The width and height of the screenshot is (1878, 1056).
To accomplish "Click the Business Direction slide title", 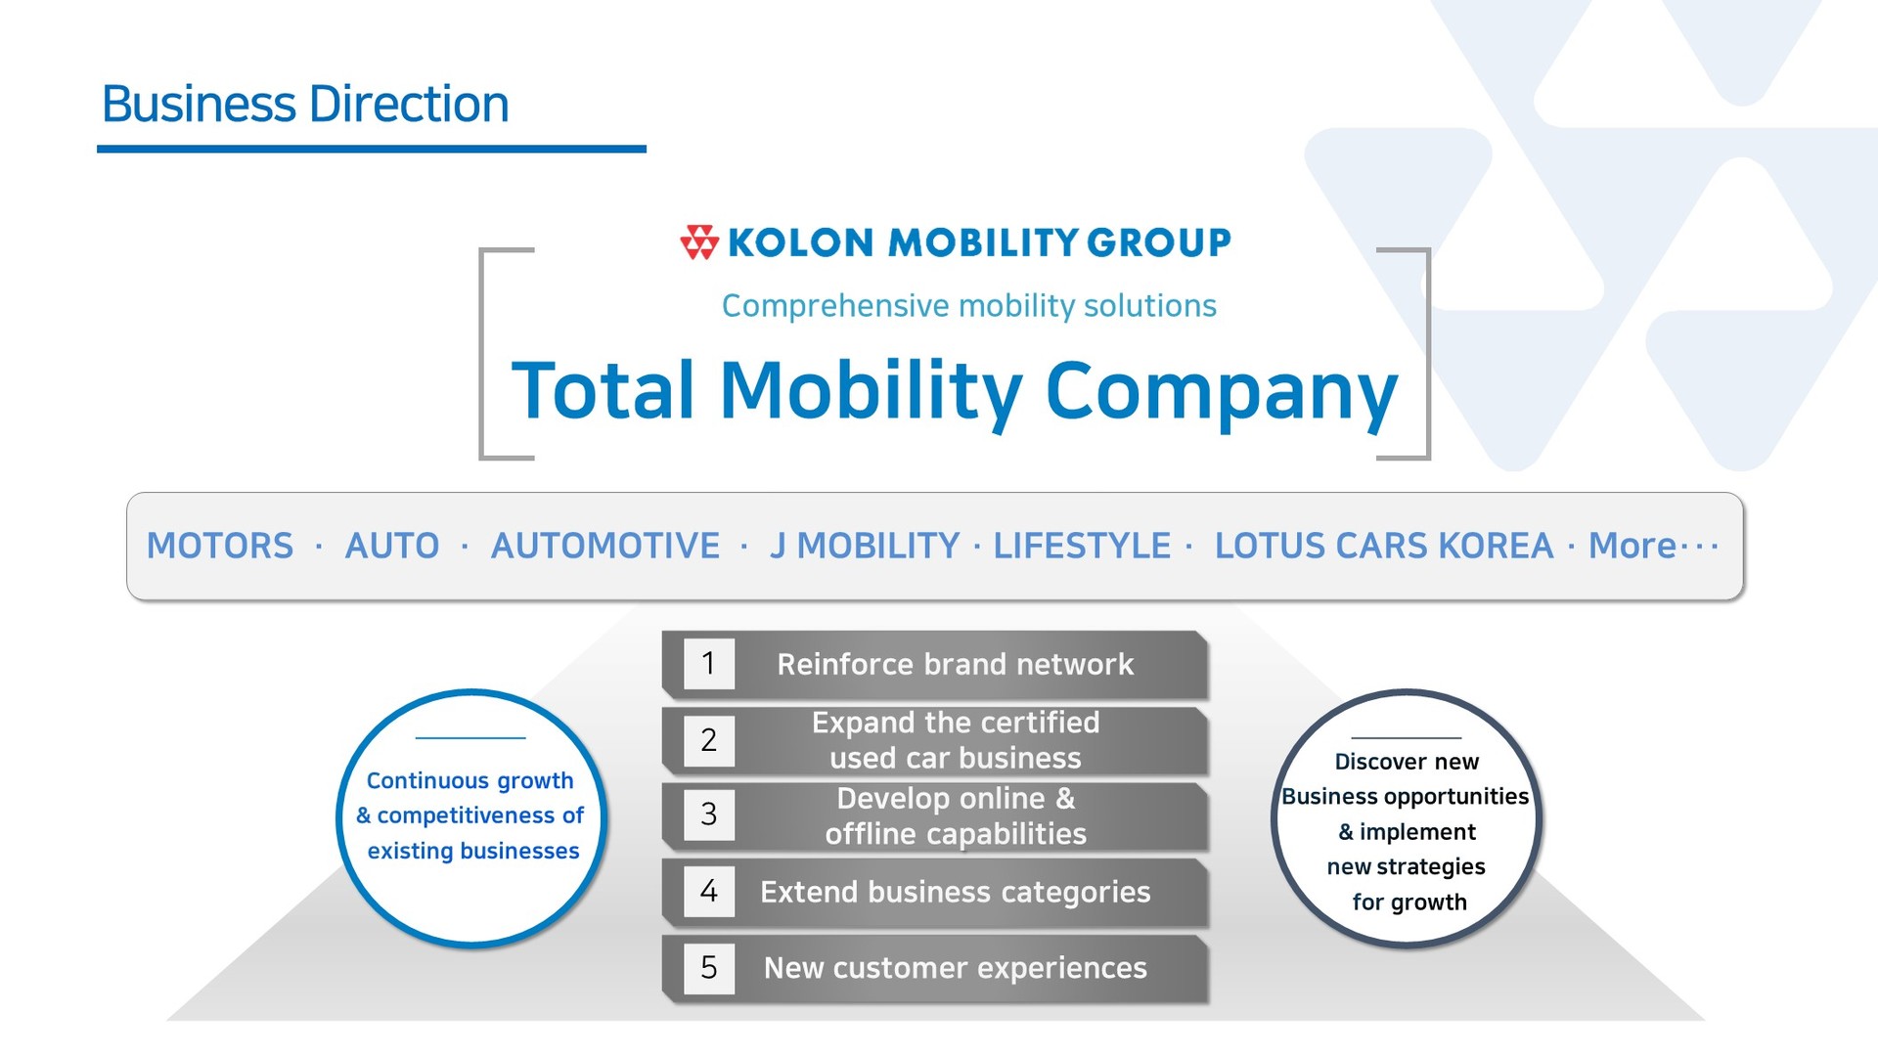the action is tap(305, 104).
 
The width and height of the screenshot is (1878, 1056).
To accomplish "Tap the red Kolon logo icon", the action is tap(699, 242).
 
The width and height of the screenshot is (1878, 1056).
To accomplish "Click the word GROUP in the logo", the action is tap(1158, 242).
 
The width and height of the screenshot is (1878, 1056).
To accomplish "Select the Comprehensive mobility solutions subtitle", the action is tap(968, 306).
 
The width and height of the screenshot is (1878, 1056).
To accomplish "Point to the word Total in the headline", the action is tap(604, 390).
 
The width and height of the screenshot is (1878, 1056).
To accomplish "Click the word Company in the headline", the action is tap(1222, 394).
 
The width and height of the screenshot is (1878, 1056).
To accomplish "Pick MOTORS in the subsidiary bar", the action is tap(220, 546).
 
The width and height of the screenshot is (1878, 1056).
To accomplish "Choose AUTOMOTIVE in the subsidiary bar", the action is tap(605, 546).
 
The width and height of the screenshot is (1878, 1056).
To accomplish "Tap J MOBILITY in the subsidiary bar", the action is tap(865, 546).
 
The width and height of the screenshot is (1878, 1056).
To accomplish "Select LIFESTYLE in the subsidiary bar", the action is tap(1082, 546).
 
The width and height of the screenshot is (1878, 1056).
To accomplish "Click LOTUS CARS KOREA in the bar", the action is tap(1384, 546).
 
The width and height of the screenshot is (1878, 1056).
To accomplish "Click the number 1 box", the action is tap(709, 664).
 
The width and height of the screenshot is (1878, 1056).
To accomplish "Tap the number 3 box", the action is tap(709, 814).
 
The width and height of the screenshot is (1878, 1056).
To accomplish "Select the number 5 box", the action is tap(709, 968).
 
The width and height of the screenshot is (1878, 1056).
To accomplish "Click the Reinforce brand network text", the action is tap(956, 665).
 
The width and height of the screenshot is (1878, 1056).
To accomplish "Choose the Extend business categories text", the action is tap(956, 893).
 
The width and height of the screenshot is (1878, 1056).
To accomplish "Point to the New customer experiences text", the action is tap(956, 968).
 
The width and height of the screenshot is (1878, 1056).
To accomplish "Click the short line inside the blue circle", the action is tap(470, 738).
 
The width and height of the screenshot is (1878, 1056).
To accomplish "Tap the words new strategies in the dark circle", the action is tap(1406, 867).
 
